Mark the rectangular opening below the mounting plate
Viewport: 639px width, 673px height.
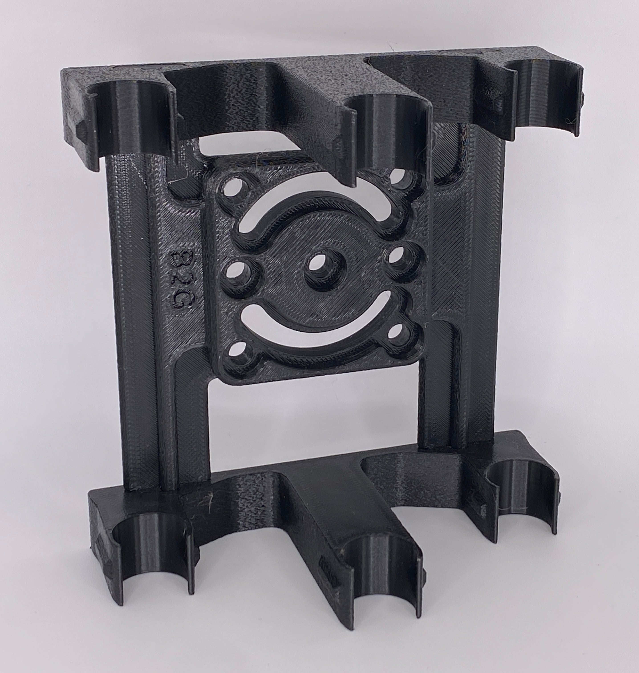pyautogui.click(x=313, y=426)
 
